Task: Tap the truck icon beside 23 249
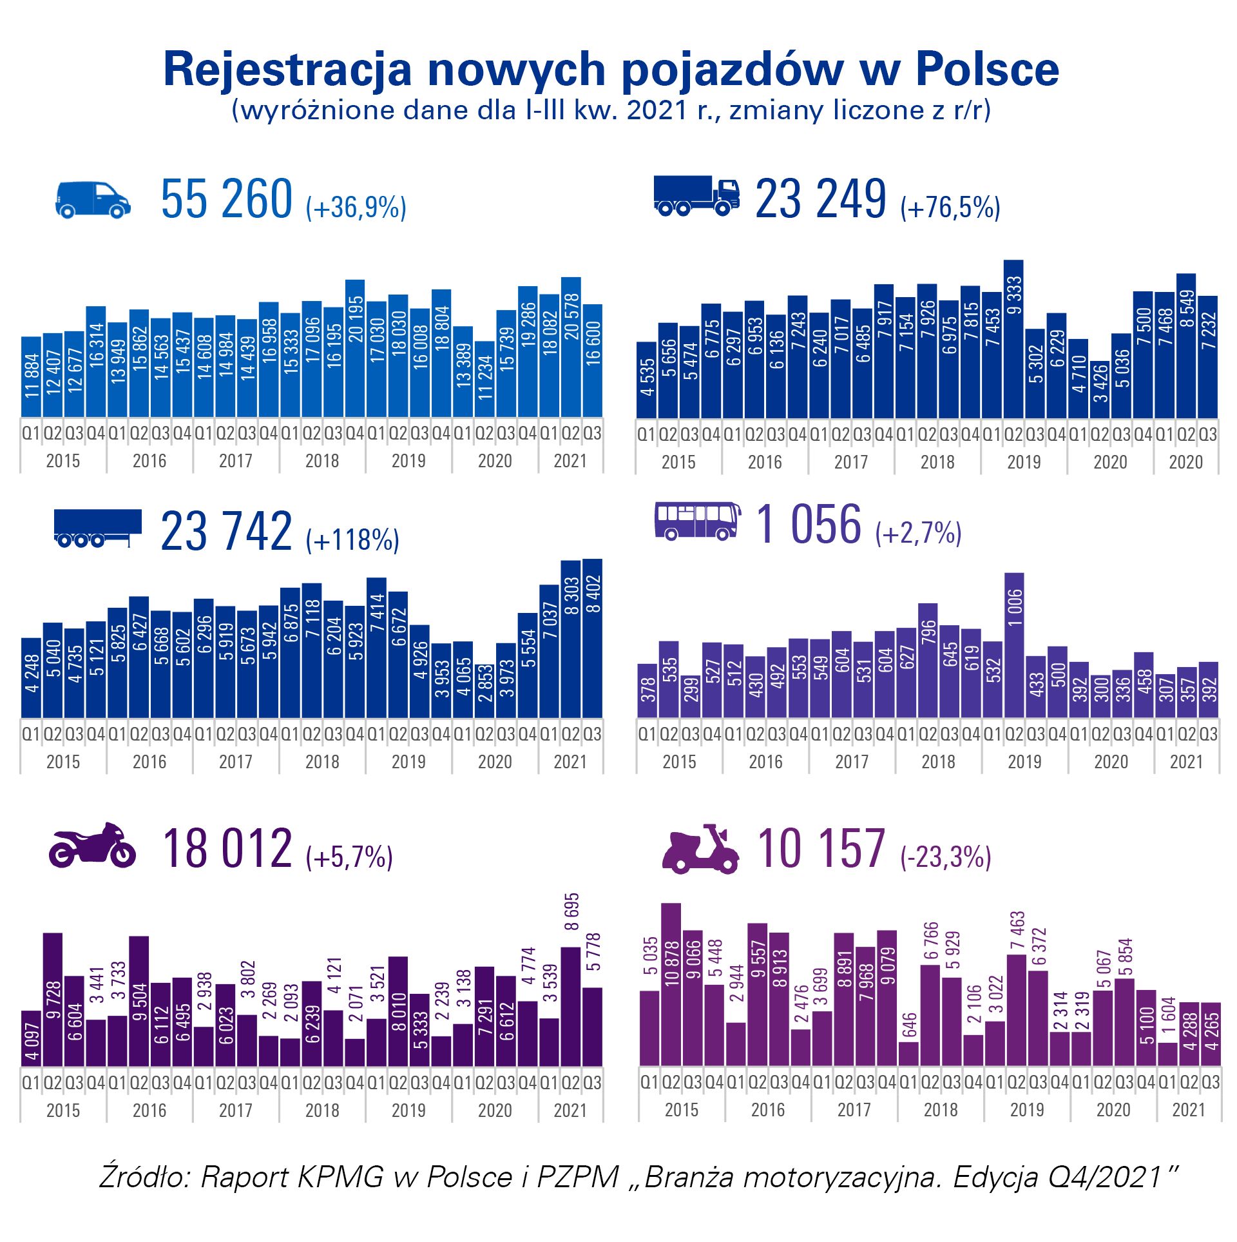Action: (696, 195)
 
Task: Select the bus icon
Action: (697, 521)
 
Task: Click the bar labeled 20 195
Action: (355, 348)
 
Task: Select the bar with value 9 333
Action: (1013, 338)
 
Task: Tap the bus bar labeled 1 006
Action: (1013, 645)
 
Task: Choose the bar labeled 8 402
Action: (592, 638)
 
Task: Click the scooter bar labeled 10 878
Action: (671, 984)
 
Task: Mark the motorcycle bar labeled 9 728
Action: (53, 999)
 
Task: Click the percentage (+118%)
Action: (352, 539)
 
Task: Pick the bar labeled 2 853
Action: (484, 691)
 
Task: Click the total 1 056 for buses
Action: (809, 523)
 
